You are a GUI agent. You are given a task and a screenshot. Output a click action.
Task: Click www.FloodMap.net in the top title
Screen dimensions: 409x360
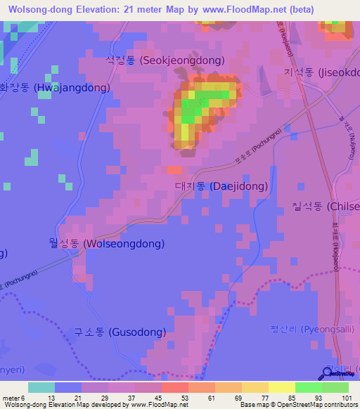[x=248, y=10]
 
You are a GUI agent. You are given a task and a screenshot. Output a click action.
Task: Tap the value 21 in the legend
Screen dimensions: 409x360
[x=77, y=397]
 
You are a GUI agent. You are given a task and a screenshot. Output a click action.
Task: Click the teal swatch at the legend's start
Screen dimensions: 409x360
[x=41, y=387]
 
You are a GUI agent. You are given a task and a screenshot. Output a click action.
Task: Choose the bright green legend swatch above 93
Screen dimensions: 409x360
[x=308, y=387]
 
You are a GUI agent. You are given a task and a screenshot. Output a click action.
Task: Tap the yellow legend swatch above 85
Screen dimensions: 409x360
[x=281, y=387]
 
